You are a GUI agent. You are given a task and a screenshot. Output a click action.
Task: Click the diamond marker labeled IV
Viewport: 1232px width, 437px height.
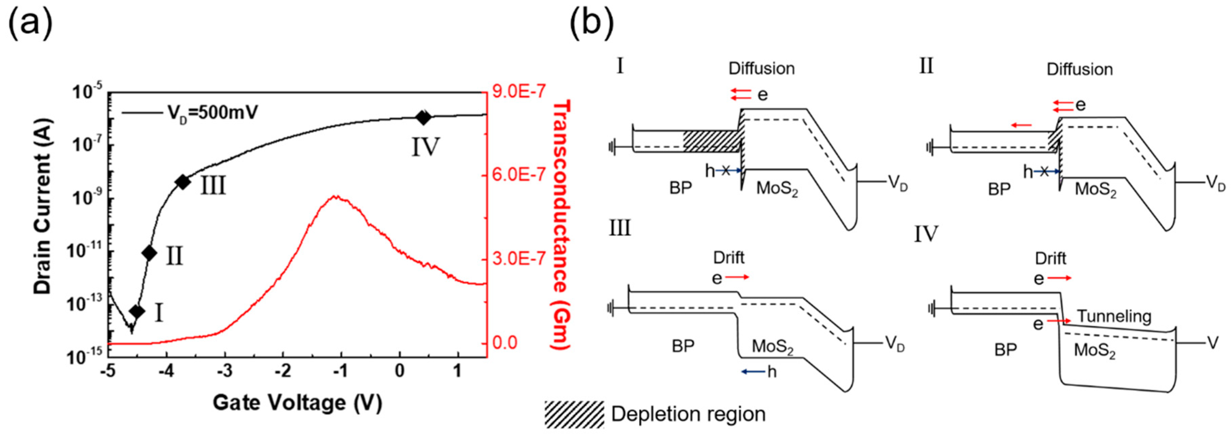pos(423,117)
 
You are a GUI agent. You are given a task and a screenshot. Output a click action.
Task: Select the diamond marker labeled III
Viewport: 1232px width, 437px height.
pos(182,182)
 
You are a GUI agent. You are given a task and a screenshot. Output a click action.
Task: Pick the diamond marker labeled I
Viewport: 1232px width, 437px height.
pos(137,311)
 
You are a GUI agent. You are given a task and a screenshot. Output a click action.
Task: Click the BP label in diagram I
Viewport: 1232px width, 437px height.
pos(681,189)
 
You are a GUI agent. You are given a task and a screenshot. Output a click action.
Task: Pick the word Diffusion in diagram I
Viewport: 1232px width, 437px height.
pos(761,68)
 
